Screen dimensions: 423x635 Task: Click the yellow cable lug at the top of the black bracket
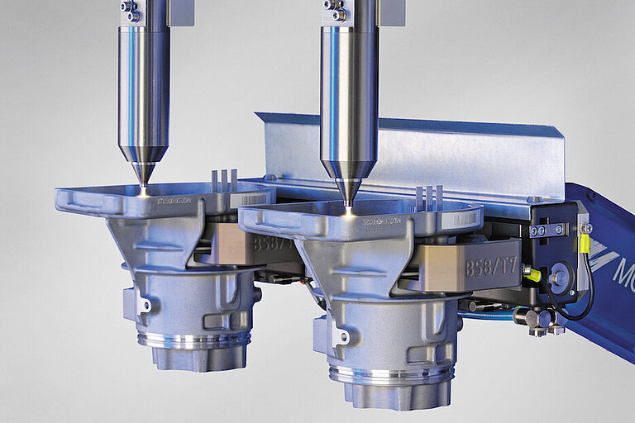(585, 241)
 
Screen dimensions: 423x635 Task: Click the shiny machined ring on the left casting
(193, 340)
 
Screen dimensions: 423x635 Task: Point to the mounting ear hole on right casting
(340, 337)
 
